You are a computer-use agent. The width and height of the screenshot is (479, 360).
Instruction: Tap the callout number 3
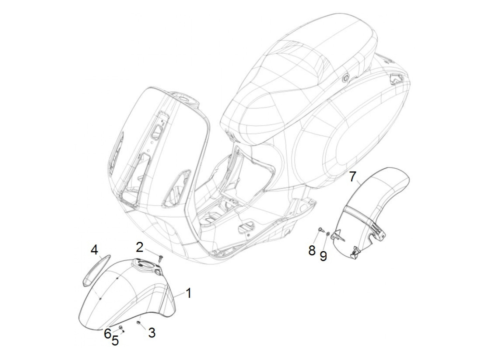152,332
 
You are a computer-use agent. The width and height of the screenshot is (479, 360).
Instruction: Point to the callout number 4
94,250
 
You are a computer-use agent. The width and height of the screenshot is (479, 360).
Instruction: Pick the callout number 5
115,340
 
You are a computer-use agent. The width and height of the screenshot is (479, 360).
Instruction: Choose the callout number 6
107,333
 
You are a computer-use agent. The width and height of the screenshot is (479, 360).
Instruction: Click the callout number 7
353,177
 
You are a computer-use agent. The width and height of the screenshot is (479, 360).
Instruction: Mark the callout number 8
312,250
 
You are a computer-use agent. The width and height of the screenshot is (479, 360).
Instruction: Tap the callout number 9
323,255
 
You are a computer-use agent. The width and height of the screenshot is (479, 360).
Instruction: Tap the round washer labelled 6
120,328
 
